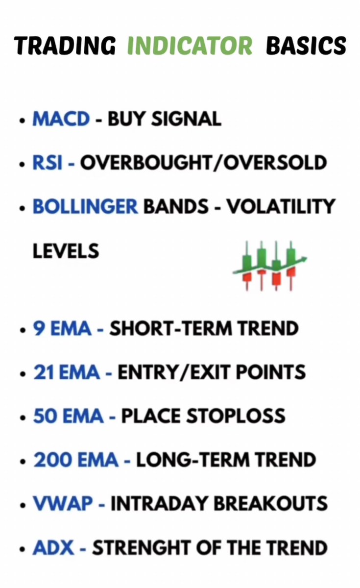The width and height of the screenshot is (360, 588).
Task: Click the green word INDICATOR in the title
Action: coord(190,46)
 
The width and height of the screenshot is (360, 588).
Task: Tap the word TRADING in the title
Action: coord(65,46)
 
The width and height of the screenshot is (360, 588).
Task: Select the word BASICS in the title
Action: coord(306,46)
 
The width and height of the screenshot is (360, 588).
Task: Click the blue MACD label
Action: coord(61,119)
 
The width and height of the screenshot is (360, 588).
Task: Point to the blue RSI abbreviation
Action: coord(48,163)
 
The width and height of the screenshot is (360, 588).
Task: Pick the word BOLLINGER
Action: coord(85,206)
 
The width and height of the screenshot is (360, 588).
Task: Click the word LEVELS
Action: coord(66,251)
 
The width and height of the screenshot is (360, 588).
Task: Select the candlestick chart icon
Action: coord(269,265)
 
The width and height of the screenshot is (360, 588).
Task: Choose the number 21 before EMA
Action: coord(41,372)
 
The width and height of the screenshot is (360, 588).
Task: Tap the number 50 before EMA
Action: coord(42,416)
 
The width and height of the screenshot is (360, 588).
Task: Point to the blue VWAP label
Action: coord(61,504)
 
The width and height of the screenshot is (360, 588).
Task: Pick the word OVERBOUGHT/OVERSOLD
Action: coord(203,163)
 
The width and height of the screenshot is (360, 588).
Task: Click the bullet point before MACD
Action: coord(22,120)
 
